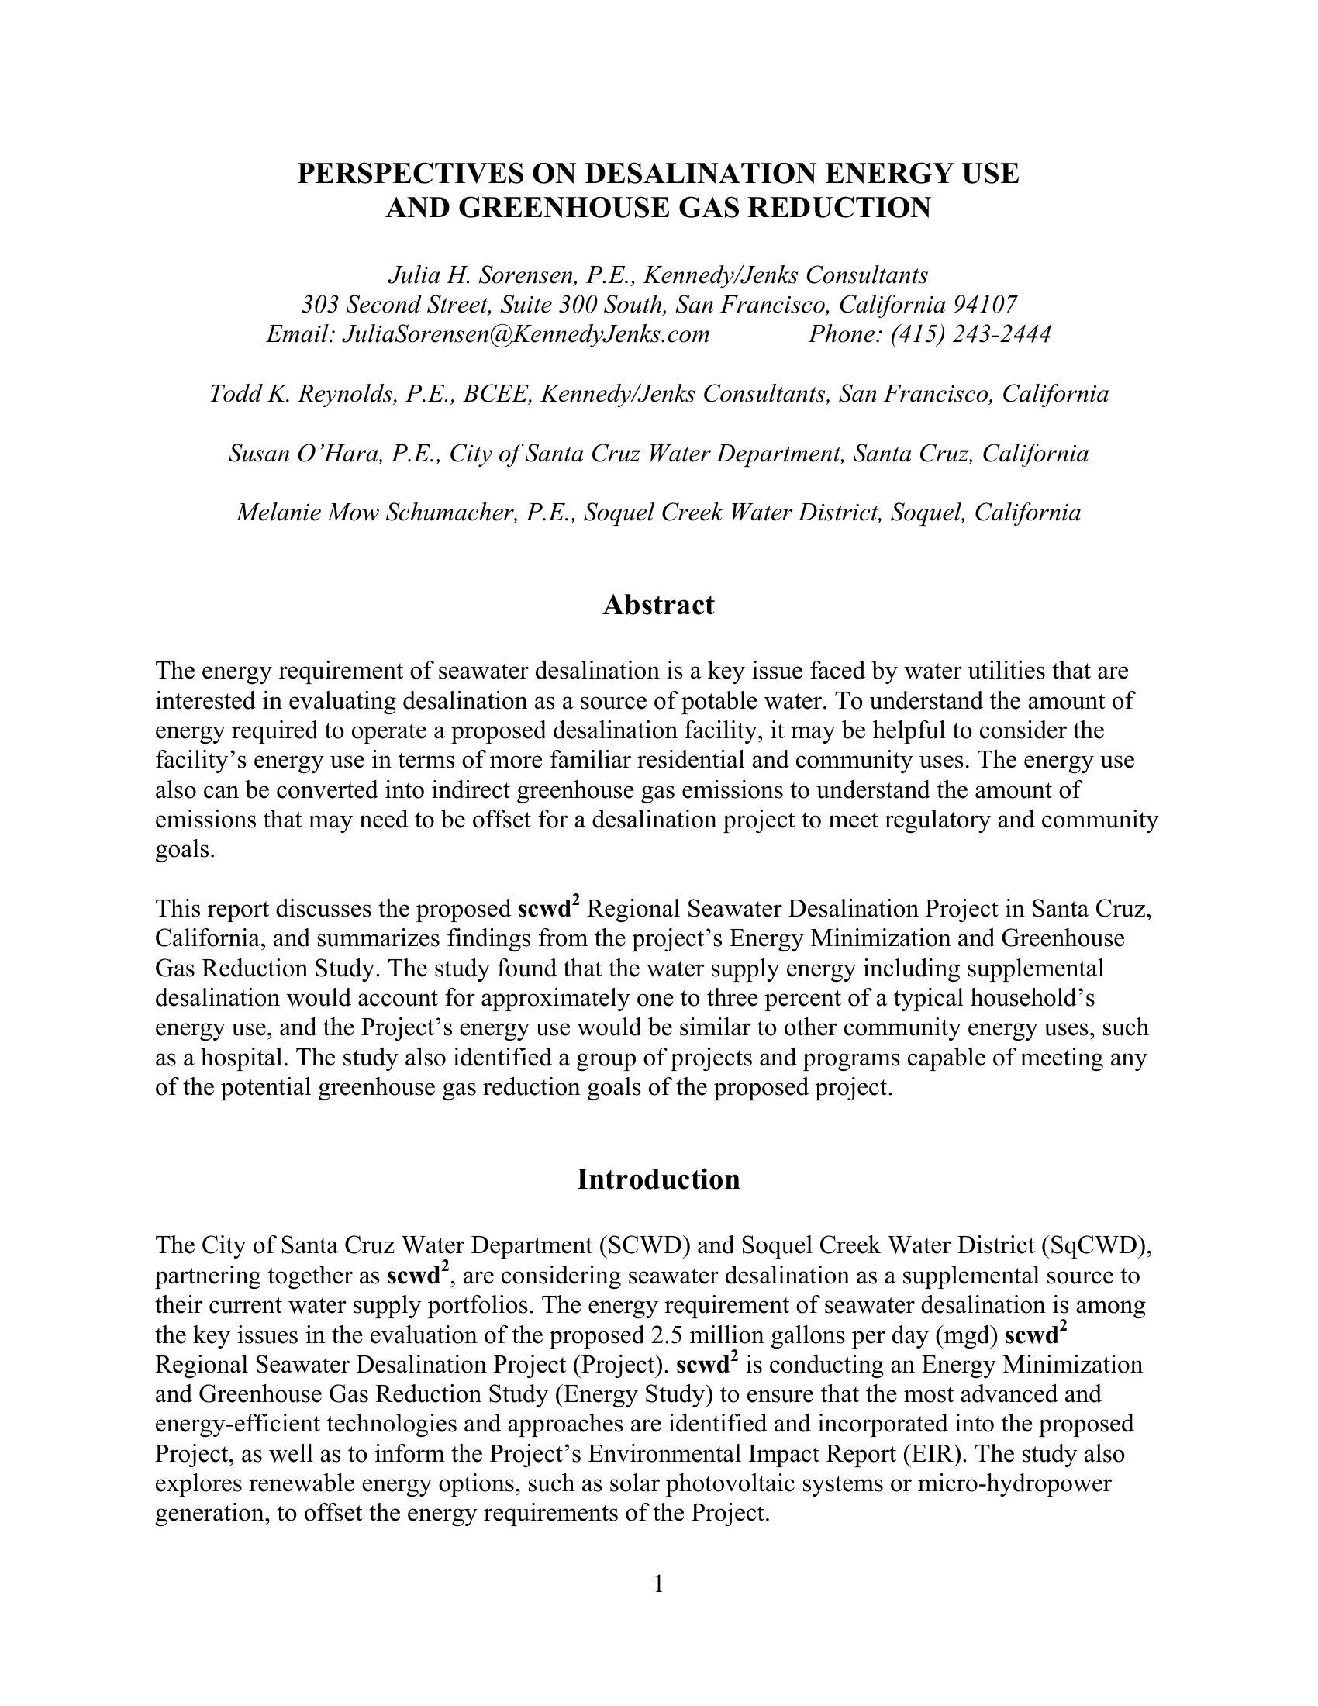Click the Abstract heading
click(x=658, y=605)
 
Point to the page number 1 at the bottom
click(x=658, y=1583)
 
